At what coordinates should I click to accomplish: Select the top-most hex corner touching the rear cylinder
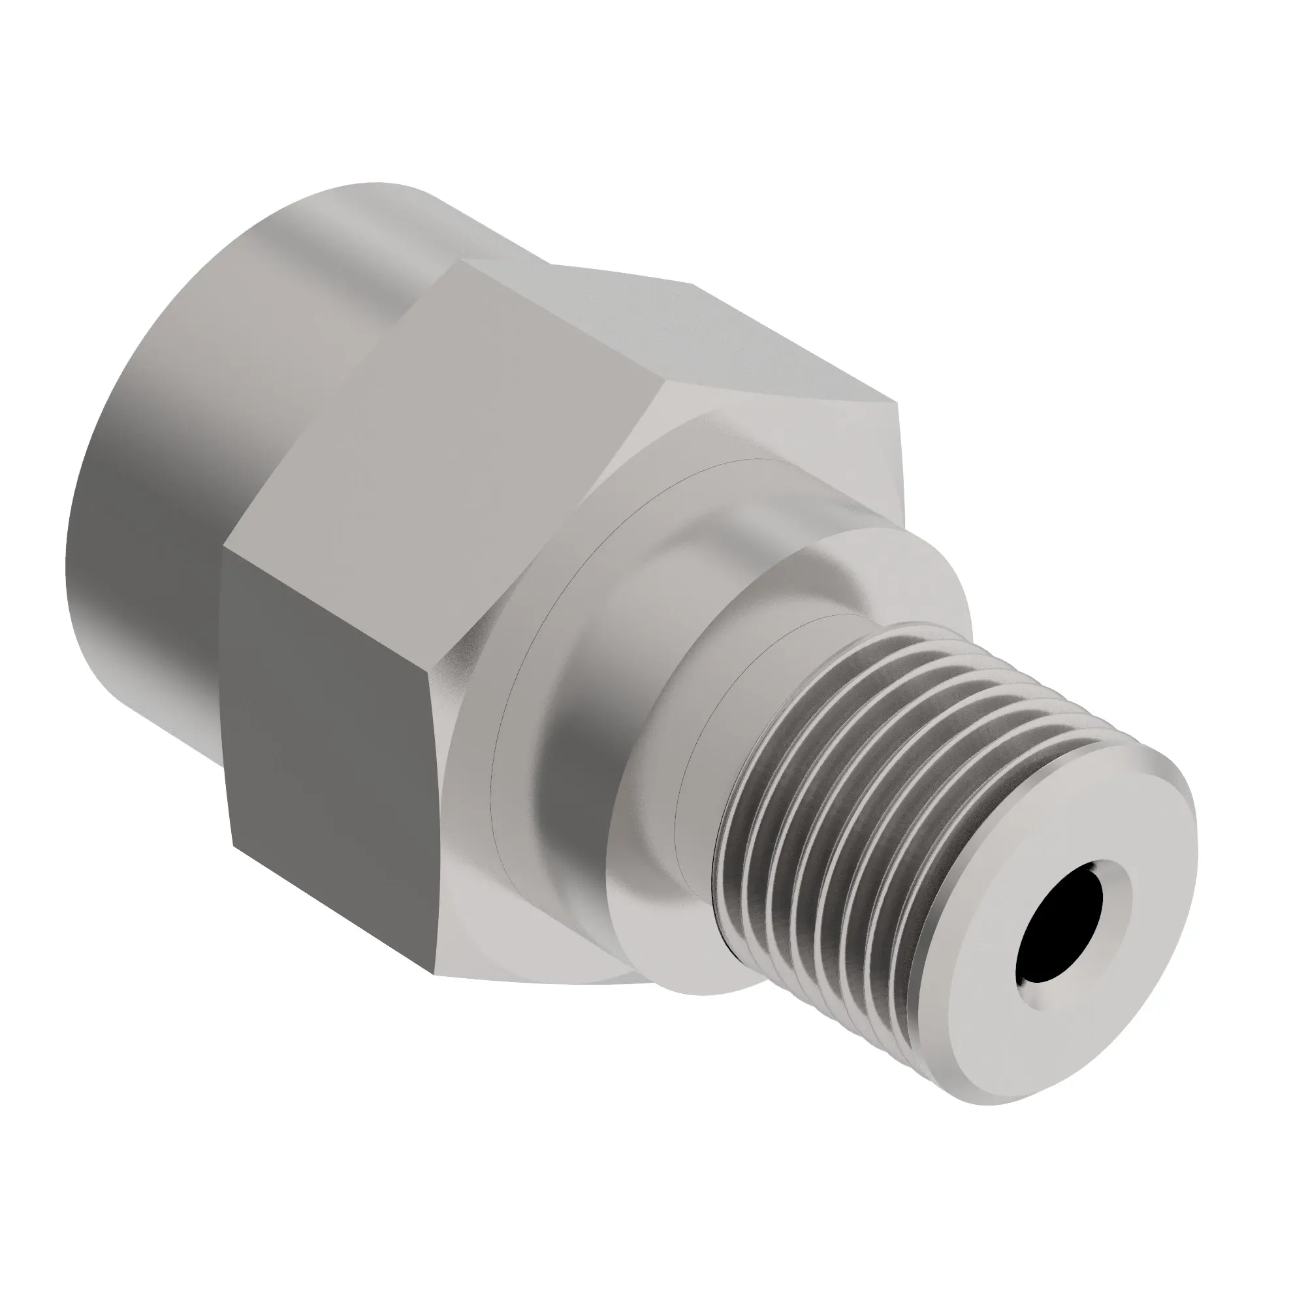point(466,261)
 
